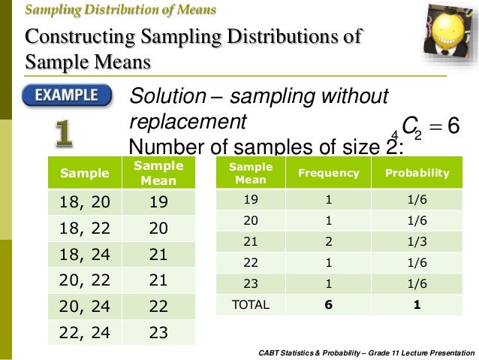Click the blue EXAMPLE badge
click(x=67, y=96)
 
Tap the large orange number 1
click(x=65, y=133)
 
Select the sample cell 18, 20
click(x=84, y=201)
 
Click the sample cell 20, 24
click(x=84, y=306)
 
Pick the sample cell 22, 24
click(x=84, y=332)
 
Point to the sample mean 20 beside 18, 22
click(x=158, y=228)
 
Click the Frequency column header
click(x=329, y=173)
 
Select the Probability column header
click(x=417, y=173)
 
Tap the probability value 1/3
click(x=417, y=243)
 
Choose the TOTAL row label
click(x=251, y=306)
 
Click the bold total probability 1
click(x=417, y=306)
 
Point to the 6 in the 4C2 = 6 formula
click(x=453, y=126)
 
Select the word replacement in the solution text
click(x=188, y=121)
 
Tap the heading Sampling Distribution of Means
click(x=121, y=11)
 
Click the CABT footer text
click(x=366, y=352)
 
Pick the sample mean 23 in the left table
click(x=158, y=332)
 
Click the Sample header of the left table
click(x=84, y=173)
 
